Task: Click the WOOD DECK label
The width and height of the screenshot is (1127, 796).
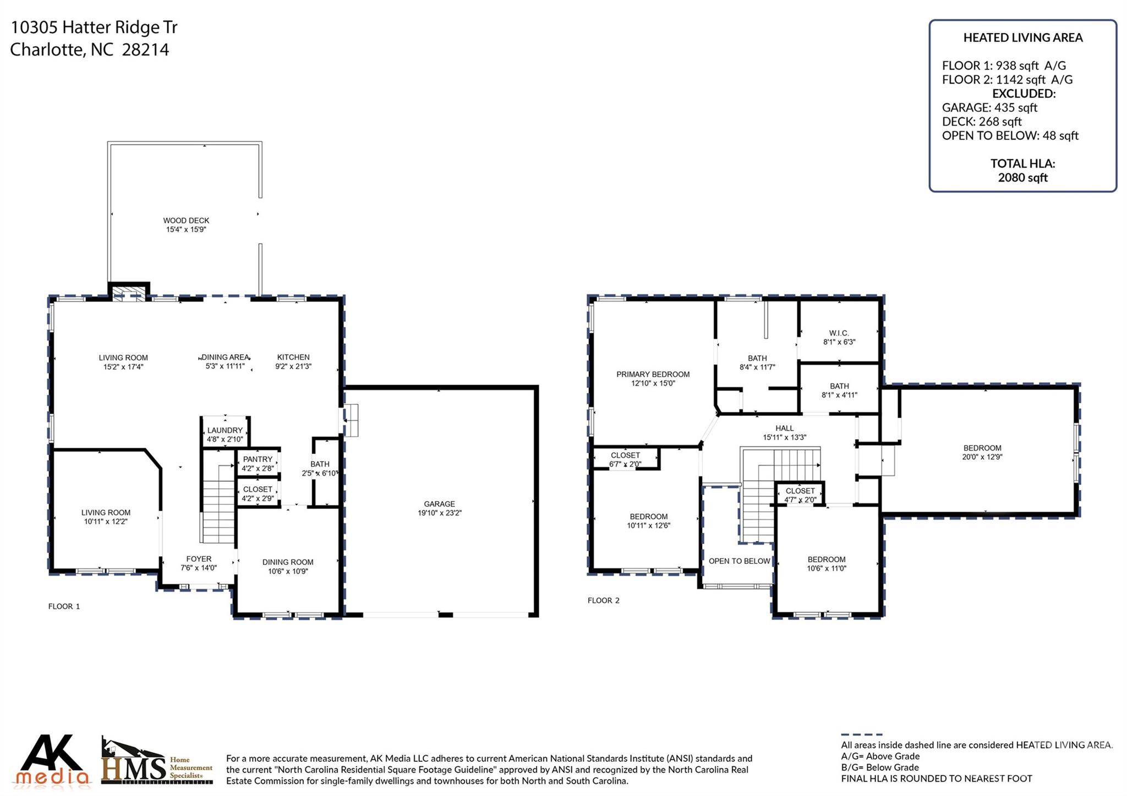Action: (186, 221)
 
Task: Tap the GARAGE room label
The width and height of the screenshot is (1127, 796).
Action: (439, 504)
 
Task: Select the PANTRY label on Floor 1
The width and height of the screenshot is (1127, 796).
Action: (258, 459)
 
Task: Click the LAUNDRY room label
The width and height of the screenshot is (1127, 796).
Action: (225, 430)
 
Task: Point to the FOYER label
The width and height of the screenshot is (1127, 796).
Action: (199, 559)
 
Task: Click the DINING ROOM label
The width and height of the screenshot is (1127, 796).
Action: (288, 562)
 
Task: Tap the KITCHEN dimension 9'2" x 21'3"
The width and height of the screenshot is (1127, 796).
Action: (293, 366)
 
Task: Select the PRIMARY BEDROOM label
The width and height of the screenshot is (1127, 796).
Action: (653, 374)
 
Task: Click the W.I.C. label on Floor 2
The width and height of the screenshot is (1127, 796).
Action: (839, 333)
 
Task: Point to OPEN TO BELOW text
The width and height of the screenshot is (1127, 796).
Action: (739, 561)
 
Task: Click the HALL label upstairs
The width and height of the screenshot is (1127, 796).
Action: (784, 428)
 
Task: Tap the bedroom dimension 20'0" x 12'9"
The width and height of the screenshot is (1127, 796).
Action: (982, 457)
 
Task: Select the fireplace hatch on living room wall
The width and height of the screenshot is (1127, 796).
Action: (128, 293)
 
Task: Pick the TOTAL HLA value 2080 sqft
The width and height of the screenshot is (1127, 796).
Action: (1022, 177)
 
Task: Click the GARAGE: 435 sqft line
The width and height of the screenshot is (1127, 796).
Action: (989, 107)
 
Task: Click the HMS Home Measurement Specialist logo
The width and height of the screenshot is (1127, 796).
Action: (156, 761)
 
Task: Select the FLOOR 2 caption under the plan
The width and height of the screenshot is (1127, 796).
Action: (603, 600)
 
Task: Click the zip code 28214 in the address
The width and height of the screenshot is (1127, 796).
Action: (145, 50)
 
